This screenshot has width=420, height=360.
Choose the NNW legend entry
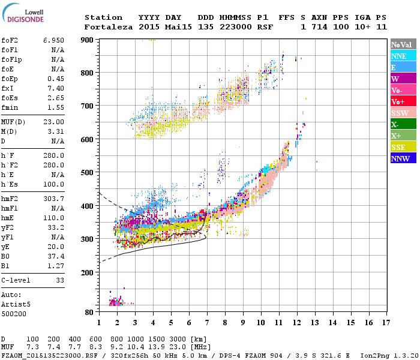[401, 158]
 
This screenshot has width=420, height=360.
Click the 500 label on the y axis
[88, 172]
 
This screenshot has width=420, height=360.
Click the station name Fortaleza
[108, 27]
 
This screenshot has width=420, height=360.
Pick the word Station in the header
[103, 17]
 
